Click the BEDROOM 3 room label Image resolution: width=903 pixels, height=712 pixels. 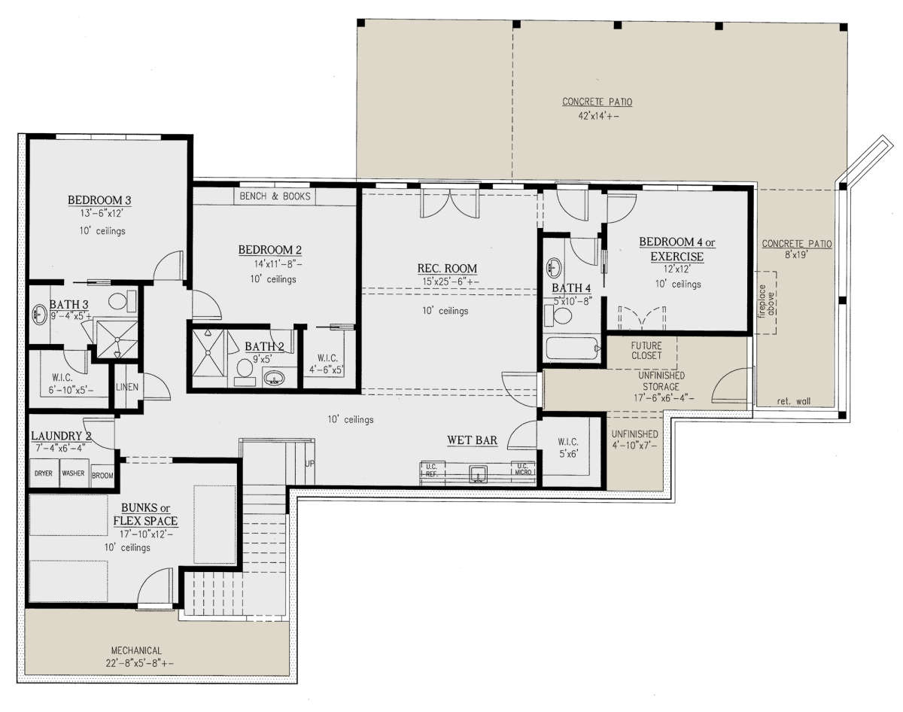99,200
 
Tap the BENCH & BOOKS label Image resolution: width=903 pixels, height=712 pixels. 275,196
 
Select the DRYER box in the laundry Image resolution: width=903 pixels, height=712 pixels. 44,473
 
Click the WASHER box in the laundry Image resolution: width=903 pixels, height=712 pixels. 74,473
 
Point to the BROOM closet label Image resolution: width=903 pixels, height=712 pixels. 102,476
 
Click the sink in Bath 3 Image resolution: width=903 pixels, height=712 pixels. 39,315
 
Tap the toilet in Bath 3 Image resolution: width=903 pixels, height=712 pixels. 122,301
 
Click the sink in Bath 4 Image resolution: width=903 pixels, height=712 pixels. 554,267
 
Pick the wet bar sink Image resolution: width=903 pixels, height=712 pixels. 479,473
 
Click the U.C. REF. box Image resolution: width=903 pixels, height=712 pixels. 432,470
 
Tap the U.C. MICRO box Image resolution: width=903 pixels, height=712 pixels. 523,469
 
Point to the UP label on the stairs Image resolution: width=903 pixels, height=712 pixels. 310,464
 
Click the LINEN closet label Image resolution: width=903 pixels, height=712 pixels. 126,387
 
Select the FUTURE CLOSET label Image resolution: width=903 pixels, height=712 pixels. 646,351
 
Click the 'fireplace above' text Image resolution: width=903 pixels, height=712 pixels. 767,300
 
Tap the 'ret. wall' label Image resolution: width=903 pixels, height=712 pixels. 793,401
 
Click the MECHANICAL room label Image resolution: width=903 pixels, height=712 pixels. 136,650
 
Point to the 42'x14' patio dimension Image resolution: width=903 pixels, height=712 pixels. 598,116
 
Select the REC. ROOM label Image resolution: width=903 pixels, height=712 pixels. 447,268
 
